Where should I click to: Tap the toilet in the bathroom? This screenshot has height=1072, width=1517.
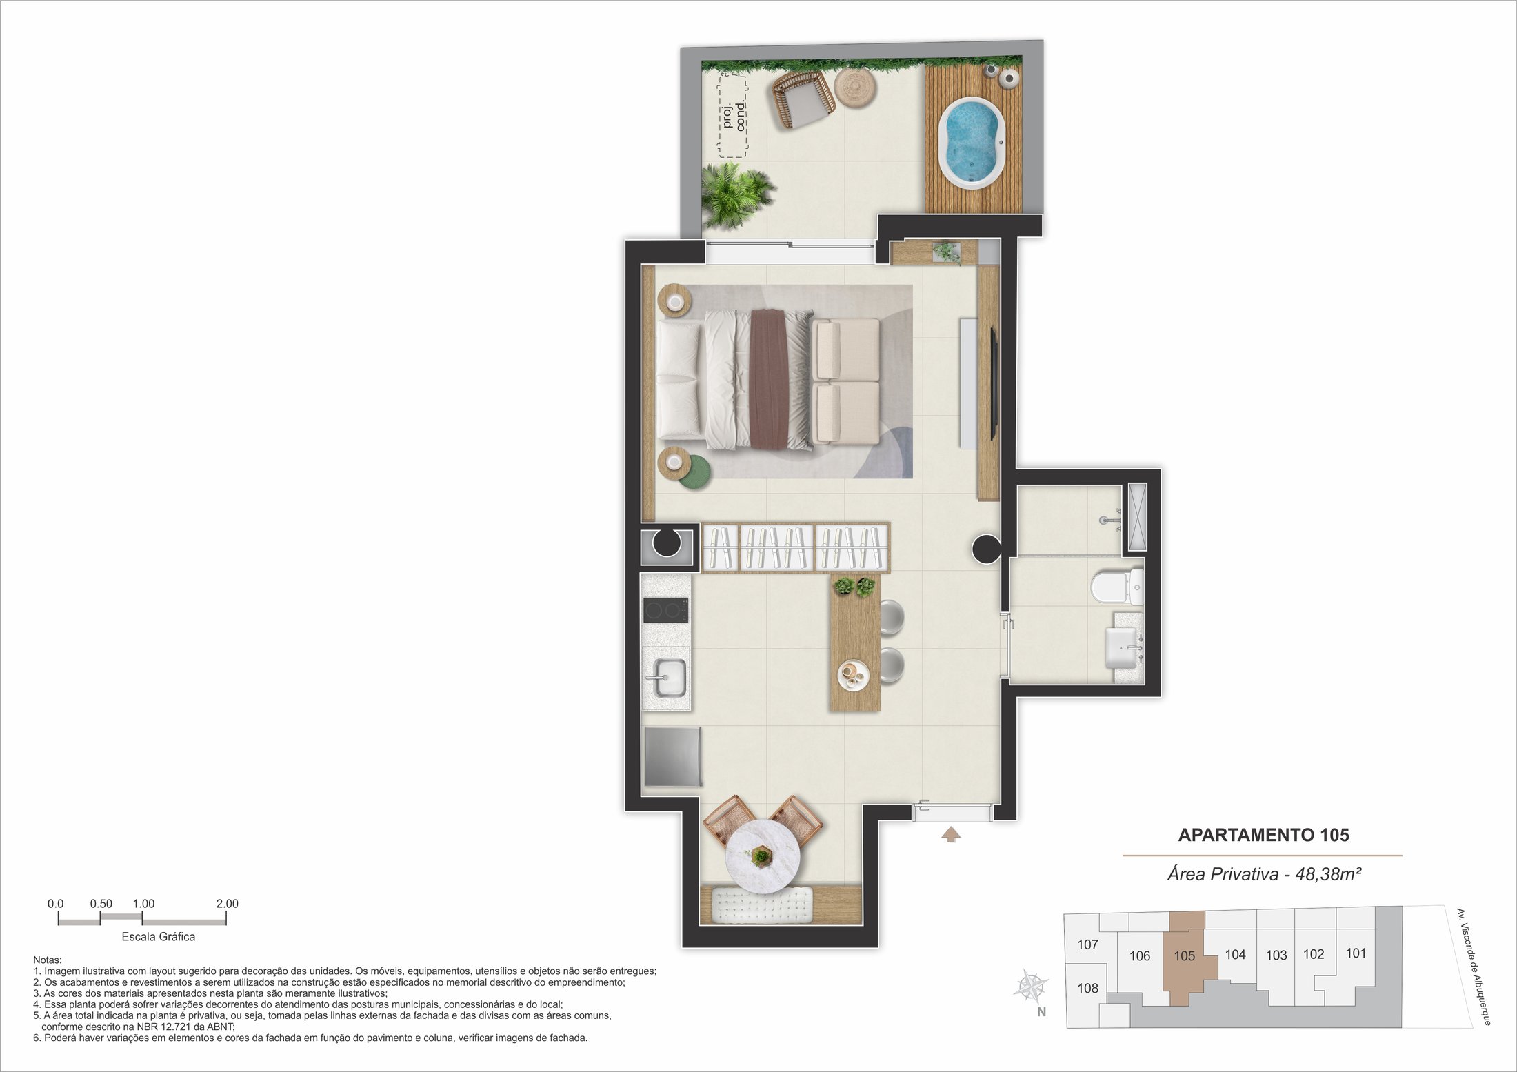tap(1117, 586)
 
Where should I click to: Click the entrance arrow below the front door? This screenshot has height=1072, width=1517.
tap(952, 835)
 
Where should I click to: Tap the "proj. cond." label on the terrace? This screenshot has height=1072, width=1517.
tap(734, 115)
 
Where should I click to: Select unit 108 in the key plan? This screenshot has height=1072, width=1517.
tap(1087, 988)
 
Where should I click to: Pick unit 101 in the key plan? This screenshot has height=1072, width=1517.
tap(1356, 953)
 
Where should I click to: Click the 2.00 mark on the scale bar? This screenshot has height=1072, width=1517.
tap(227, 904)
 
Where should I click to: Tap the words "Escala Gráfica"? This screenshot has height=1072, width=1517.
tap(159, 936)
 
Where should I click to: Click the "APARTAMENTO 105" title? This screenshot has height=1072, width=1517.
tap(1263, 835)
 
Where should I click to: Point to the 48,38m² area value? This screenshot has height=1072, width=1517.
tap(1328, 874)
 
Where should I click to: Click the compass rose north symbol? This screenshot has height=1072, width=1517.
tap(1032, 986)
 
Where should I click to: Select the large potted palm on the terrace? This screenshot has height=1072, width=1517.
tap(735, 195)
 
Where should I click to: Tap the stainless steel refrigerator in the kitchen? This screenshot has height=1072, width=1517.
tap(672, 756)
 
